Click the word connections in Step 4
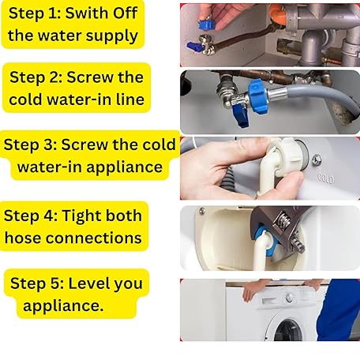coord(94,238)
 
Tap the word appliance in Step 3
coord(124,167)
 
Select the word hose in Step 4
coord(23,238)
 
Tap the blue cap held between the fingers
coord(207,24)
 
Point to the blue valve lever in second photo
coord(240,116)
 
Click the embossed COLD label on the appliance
coord(326,178)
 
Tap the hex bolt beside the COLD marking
coord(317,160)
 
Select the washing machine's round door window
coord(288,330)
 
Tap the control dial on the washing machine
coord(290,297)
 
